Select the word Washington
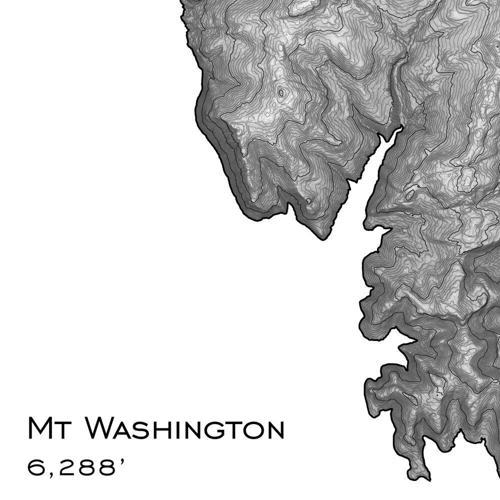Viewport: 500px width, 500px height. (184, 428)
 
